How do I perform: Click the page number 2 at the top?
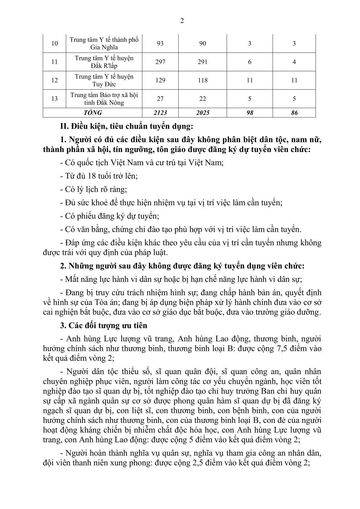(182, 21)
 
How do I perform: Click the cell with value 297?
(160, 62)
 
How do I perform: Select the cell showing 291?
(203, 62)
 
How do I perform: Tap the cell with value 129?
(160, 80)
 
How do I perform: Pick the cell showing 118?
(203, 80)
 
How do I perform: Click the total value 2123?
(160, 113)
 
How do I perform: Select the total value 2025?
(203, 113)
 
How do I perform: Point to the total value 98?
(250, 113)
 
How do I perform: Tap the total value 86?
(294, 113)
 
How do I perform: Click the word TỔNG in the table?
(92, 113)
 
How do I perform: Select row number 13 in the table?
(54, 99)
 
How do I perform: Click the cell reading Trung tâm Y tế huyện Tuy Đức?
(104, 80)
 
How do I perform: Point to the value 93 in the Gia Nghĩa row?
(160, 43)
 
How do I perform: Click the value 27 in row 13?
(160, 99)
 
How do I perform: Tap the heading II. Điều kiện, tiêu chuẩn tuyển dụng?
(126, 127)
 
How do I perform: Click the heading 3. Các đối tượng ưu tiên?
(104, 325)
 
